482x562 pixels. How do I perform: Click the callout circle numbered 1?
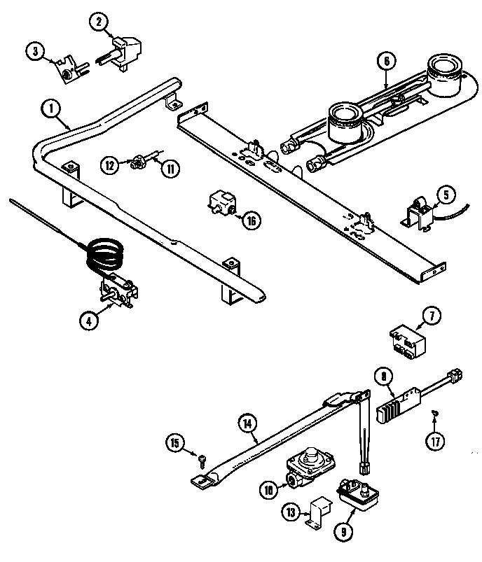pos(51,108)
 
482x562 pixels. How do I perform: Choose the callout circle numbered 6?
pos(385,61)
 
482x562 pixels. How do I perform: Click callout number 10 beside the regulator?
pos(269,490)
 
